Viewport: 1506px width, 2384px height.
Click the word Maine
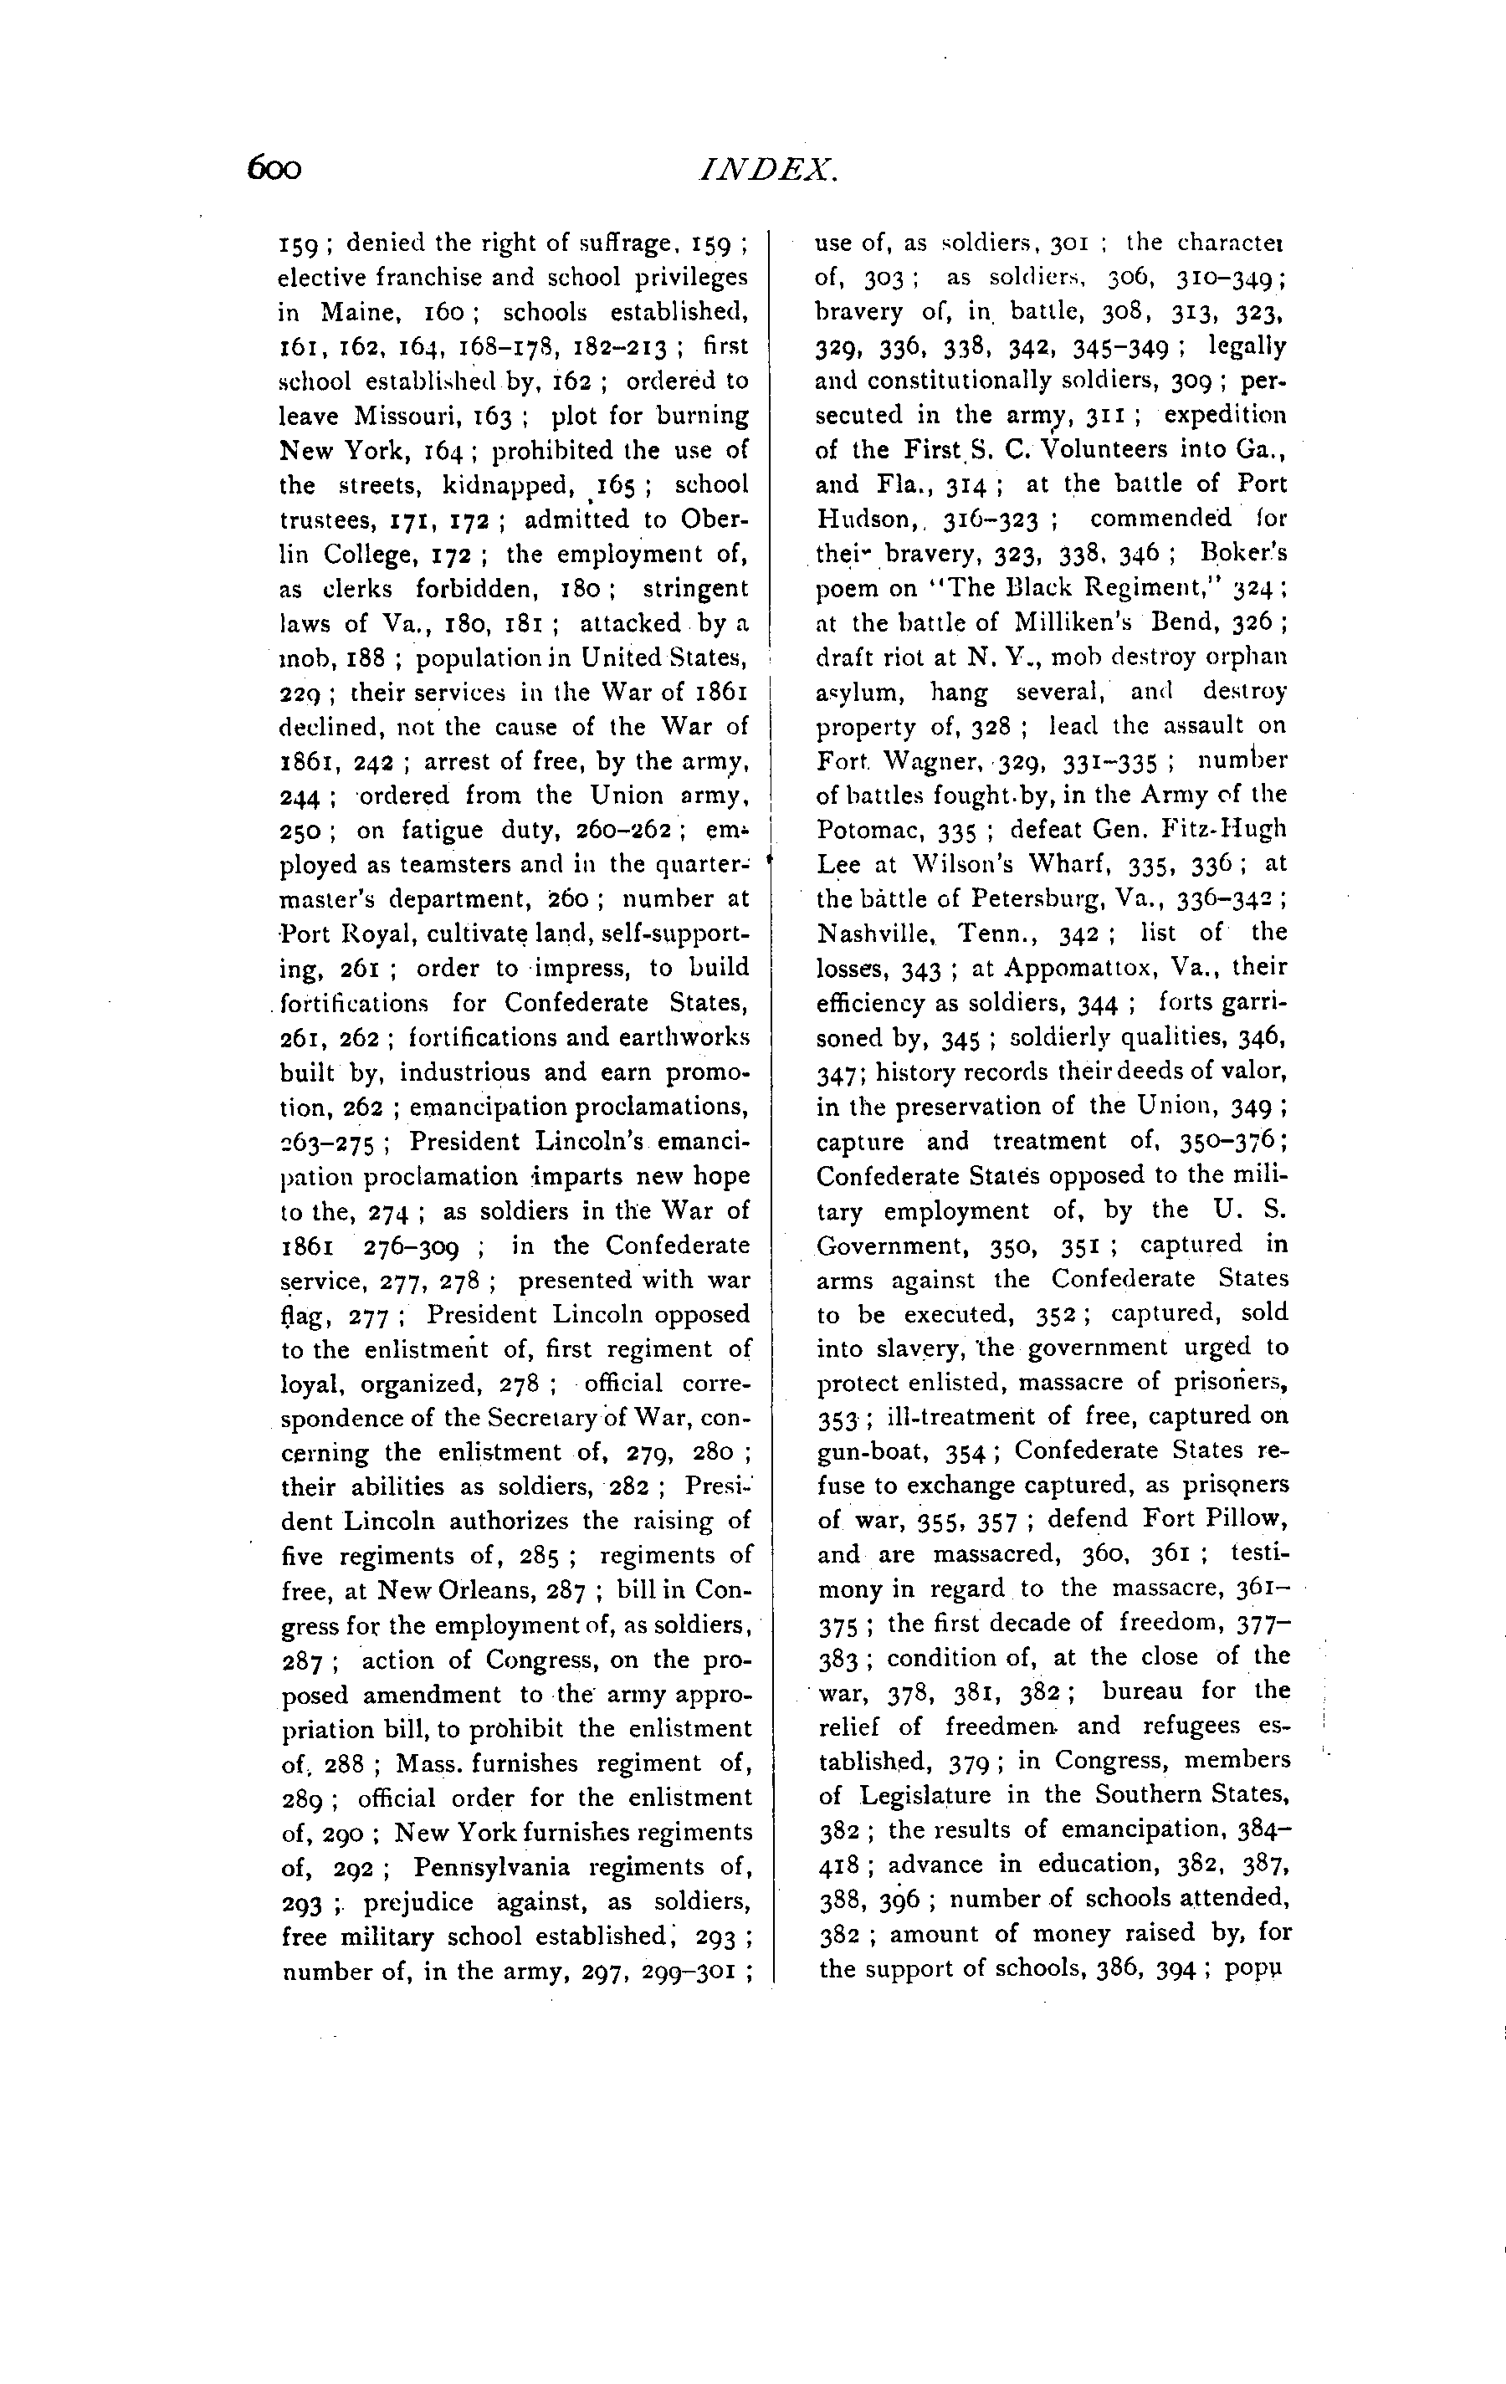coord(358,313)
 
